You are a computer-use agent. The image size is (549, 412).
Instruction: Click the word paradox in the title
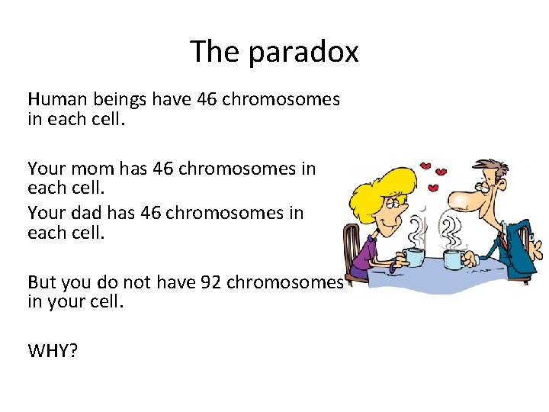[x=305, y=53]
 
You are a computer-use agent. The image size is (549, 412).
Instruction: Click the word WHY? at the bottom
[x=53, y=350]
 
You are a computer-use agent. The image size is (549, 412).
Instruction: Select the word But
[x=42, y=282]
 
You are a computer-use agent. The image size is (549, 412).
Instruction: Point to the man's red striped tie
[x=506, y=244]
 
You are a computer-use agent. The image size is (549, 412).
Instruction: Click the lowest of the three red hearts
[x=434, y=188]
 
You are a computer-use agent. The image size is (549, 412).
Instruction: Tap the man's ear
[x=502, y=191]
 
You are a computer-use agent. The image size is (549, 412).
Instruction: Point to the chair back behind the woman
[x=353, y=244]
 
